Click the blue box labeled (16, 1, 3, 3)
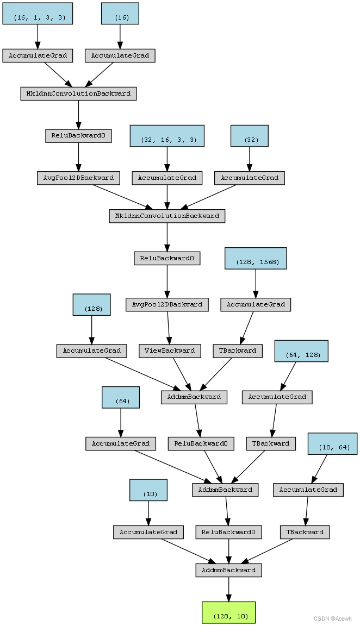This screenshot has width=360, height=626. click(38, 14)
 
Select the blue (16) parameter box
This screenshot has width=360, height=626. click(120, 14)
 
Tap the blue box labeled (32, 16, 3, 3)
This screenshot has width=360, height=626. click(167, 136)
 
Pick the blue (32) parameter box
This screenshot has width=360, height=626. click(250, 136)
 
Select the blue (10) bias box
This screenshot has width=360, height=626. click(148, 490)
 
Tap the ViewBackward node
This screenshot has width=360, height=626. click(170, 351)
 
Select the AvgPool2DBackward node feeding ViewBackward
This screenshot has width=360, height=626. click(167, 305)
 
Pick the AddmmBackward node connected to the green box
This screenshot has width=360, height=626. click(229, 570)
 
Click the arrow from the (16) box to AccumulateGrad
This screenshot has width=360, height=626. click(120, 37)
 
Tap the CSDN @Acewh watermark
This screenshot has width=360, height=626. click(332, 618)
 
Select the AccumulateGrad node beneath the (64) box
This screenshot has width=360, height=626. click(121, 443)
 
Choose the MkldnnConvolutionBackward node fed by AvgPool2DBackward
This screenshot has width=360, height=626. click(167, 216)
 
